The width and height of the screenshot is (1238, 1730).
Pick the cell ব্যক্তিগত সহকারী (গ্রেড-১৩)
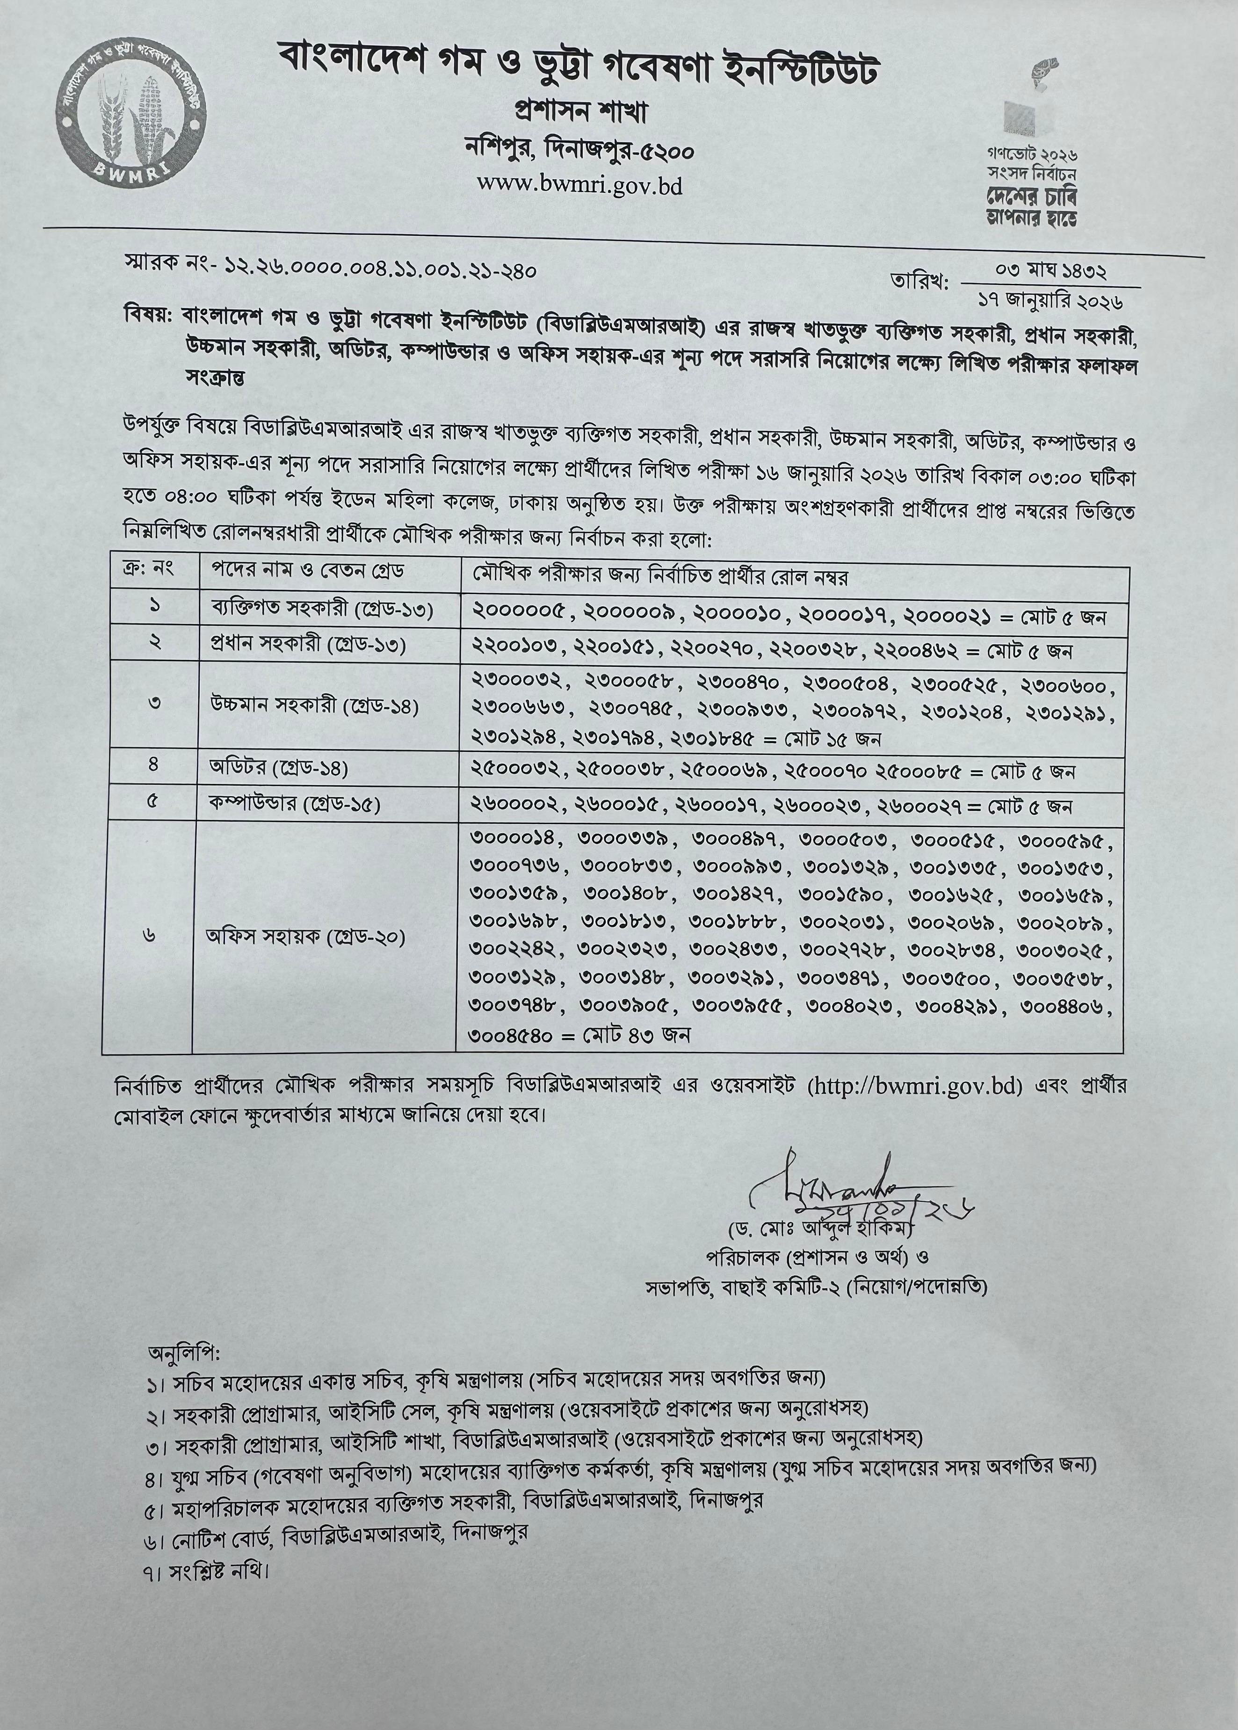coord(322,610)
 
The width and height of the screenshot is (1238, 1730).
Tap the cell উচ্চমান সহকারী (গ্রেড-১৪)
coord(315,705)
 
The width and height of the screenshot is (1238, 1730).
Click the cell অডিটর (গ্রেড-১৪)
coord(279,768)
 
